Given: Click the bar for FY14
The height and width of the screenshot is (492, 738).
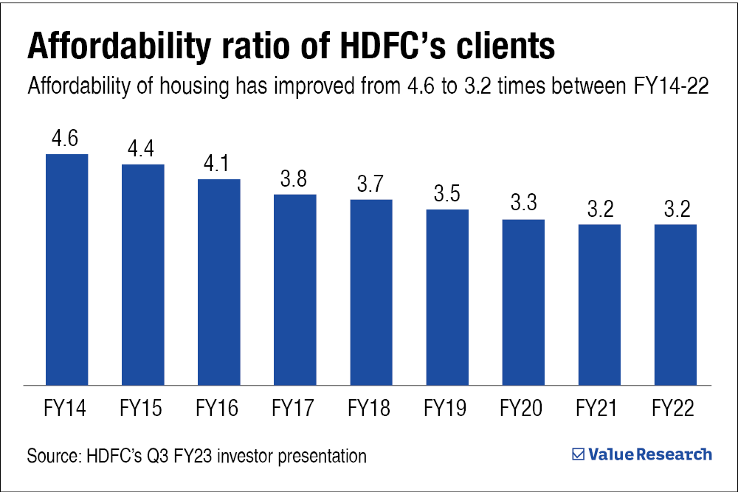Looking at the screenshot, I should coord(67,269).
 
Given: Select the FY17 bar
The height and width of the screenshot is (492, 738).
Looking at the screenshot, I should coord(295,289).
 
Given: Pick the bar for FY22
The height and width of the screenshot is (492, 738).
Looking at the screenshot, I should coord(675,304).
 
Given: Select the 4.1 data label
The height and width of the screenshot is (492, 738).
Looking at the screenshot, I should coord(219,164).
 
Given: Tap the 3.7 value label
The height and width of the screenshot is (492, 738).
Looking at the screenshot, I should coord(371,185).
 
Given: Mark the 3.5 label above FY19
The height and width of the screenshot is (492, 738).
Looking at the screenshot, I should coord(447,195).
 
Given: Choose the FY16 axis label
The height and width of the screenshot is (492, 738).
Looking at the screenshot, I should coord(218,408).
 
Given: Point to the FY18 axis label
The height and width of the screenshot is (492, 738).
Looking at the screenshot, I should coord(370,408).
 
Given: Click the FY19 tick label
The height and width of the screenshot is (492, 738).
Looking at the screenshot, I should coord(446,408).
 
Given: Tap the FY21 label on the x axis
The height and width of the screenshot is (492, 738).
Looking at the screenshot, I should coord(599,408).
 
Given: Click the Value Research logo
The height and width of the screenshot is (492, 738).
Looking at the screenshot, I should coord(642,454).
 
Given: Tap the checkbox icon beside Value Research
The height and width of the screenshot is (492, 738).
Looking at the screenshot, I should coord(579,454).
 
